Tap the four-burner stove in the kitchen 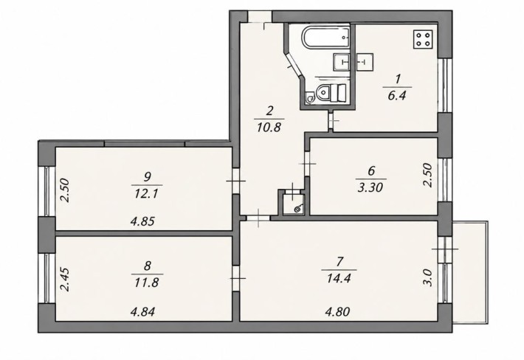point(424,39)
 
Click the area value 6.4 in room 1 point(397,96)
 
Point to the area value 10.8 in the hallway point(269,127)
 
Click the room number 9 point(148,176)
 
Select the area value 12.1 point(146,193)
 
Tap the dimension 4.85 point(142,221)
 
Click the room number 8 point(147,266)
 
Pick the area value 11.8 point(146,283)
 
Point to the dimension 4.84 point(142,312)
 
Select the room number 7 point(340,261)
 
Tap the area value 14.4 point(339,278)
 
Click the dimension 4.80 point(337,312)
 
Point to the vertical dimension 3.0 point(429,278)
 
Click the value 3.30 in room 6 point(370,187)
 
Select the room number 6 point(371,170)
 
